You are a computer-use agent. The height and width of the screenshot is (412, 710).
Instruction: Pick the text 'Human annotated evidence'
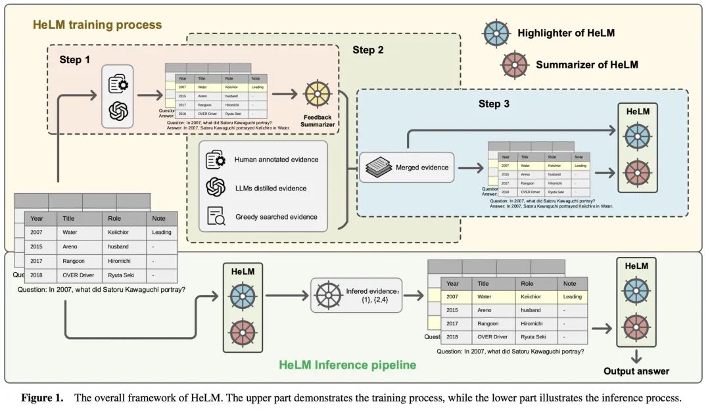click(x=276, y=160)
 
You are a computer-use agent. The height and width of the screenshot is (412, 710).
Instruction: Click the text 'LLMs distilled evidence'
click(x=271, y=188)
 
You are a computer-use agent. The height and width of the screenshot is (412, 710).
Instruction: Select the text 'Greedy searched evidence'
click(x=275, y=216)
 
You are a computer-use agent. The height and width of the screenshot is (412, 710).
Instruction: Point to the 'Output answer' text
click(x=636, y=371)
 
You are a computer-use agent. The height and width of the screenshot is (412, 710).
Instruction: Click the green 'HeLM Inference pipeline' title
click(x=347, y=365)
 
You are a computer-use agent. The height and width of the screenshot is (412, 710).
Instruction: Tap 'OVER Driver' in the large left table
click(x=80, y=275)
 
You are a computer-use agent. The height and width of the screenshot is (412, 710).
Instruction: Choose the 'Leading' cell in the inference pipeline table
click(x=573, y=297)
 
